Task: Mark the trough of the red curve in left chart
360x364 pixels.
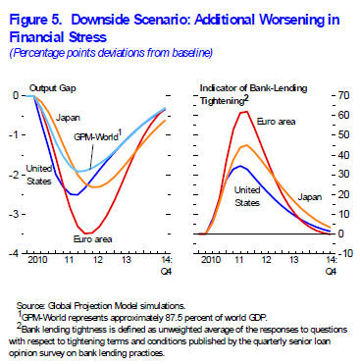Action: [91, 233]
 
